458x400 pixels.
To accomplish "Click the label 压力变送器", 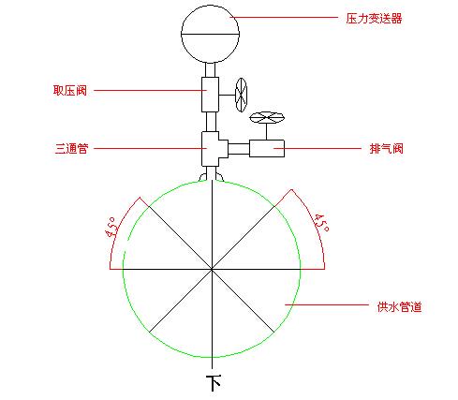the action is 374,19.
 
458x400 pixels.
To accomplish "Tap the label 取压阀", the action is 70,90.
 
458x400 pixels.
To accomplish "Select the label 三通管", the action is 71,148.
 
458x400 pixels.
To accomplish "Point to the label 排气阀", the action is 387,148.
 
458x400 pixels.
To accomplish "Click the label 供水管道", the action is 400,306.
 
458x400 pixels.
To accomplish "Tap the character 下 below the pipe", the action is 214,383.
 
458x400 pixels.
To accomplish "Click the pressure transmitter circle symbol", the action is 210,34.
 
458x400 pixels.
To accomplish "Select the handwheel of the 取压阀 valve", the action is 241,95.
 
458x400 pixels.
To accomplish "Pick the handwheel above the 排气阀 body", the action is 267,118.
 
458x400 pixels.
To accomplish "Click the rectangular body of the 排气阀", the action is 267,148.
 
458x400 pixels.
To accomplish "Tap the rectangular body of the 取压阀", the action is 210,95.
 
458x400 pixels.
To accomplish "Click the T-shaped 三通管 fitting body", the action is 214,149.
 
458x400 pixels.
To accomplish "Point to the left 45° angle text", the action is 112,228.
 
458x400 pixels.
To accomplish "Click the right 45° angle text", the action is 321,222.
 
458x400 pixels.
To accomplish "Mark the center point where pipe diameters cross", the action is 212,269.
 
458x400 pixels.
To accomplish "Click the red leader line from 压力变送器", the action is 284,17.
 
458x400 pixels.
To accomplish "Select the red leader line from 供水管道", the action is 327,304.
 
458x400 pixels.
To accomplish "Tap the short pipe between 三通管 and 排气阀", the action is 239,149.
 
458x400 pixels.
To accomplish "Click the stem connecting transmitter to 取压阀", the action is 210,70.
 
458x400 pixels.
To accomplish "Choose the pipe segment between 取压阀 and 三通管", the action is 211,122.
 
